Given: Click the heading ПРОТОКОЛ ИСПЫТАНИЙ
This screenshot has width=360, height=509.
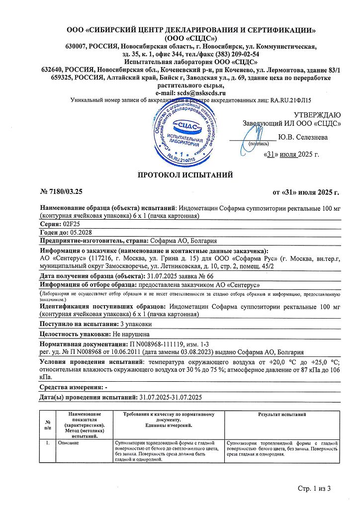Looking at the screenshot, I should pos(184,174).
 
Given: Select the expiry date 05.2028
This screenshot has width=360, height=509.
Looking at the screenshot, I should pos(78,233).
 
